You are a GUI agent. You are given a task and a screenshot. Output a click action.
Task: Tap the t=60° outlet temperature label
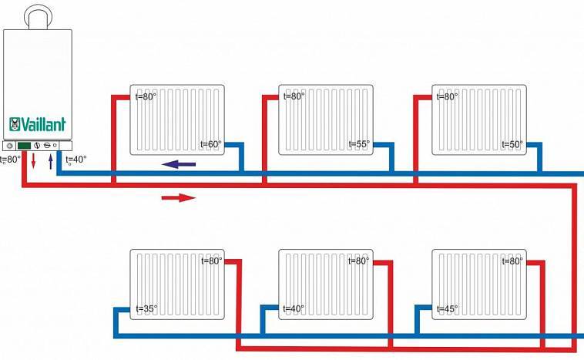(x=210, y=144)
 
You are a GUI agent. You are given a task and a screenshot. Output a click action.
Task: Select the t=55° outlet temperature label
(x=359, y=144)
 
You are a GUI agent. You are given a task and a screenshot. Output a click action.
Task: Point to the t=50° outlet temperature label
(x=512, y=144)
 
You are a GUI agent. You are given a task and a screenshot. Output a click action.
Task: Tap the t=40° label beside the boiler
(x=76, y=160)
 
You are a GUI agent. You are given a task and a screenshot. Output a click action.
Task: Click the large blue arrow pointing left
(x=178, y=164)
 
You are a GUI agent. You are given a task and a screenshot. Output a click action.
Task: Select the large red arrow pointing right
(x=178, y=198)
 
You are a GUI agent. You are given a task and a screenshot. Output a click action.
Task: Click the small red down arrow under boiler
(x=33, y=162)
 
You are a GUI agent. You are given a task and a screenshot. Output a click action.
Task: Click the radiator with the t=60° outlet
(x=177, y=119)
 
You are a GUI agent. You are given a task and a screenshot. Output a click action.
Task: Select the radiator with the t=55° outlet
(x=326, y=119)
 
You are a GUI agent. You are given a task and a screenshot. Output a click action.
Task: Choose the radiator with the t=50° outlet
(x=478, y=119)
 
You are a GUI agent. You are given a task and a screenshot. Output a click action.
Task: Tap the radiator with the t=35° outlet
(x=177, y=284)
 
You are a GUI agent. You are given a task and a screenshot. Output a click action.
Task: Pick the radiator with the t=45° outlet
(x=478, y=284)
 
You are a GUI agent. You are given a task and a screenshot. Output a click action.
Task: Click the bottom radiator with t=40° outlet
(x=326, y=284)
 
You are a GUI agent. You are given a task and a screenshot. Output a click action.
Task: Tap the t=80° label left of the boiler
(x=9, y=160)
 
